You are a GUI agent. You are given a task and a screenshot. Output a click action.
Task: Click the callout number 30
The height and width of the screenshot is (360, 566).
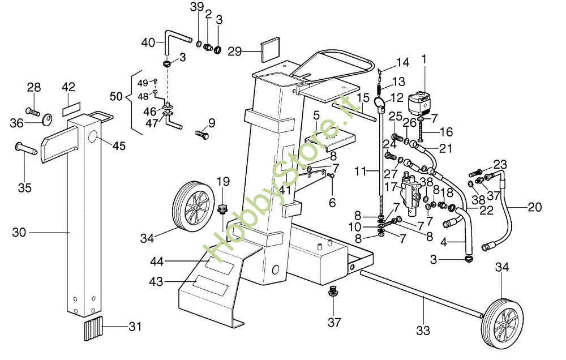(x=19, y=232)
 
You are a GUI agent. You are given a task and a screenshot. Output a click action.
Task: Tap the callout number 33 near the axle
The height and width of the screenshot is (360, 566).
(x=423, y=329)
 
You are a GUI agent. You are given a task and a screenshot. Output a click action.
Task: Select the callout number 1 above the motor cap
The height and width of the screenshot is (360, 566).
(x=424, y=58)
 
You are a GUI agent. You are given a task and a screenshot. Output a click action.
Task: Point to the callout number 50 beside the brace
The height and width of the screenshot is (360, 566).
(x=116, y=97)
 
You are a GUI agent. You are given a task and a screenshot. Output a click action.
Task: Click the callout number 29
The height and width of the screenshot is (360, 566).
(x=235, y=52)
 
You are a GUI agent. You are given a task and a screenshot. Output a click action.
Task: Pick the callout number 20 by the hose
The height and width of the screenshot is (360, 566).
(x=534, y=207)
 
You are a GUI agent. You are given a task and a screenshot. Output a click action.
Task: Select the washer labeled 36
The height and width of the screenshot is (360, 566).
(x=47, y=118)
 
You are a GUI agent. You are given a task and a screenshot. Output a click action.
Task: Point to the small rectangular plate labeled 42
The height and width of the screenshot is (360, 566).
(x=71, y=106)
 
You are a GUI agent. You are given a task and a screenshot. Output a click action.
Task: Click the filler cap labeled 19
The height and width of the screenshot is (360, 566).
(x=222, y=208)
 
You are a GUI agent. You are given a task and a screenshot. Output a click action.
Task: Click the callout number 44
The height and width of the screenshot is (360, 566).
(x=157, y=261)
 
